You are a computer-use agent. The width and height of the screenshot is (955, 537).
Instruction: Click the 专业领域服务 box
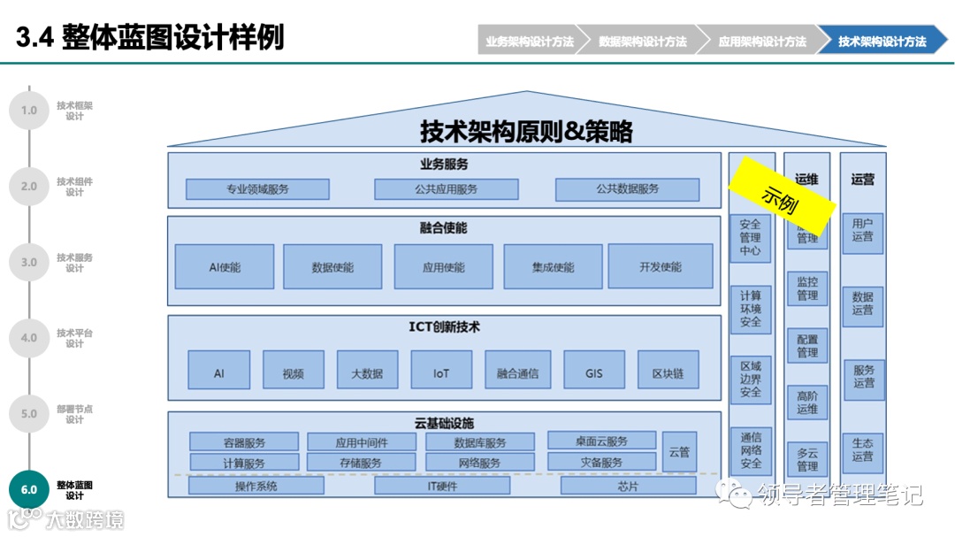click(257, 189)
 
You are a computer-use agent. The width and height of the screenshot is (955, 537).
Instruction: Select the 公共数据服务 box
click(627, 189)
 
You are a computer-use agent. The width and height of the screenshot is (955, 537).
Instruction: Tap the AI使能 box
click(225, 266)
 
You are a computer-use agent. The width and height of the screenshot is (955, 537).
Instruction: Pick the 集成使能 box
click(553, 266)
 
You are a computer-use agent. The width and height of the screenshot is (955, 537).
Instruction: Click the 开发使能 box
click(660, 266)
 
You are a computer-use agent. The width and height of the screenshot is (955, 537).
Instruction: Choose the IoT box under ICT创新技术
click(441, 372)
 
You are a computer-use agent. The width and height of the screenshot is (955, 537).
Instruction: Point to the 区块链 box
click(668, 372)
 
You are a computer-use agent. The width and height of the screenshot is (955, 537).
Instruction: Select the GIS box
click(593, 372)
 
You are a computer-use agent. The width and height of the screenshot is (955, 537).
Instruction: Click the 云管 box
click(679, 452)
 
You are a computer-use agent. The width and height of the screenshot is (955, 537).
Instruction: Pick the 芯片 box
click(628, 486)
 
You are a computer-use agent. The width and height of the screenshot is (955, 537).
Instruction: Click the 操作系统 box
click(256, 486)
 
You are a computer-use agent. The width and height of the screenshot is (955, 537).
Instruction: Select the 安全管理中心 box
click(750, 237)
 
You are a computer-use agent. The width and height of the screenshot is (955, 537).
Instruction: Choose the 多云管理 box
click(807, 459)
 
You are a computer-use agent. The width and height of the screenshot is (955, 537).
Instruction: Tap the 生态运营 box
click(862, 449)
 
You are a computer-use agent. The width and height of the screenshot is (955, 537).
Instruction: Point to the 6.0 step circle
click(29, 489)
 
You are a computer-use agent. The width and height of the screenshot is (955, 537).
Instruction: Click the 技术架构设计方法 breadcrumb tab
click(882, 42)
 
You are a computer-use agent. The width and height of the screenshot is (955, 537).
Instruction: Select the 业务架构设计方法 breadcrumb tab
click(529, 42)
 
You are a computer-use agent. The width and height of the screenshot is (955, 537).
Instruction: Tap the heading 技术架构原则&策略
click(526, 133)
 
